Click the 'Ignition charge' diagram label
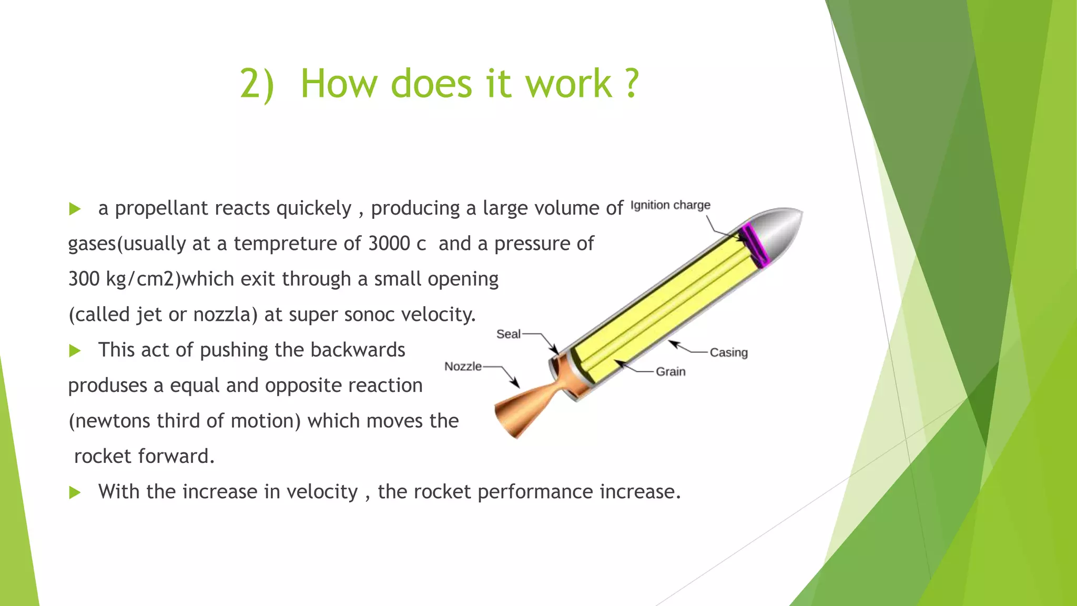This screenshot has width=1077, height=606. (x=670, y=205)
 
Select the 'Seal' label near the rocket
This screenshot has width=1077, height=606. (x=508, y=334)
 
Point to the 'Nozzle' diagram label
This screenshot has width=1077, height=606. (x=463, y=366)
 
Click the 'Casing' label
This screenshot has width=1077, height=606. (x=728, y=352)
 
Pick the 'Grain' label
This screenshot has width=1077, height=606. (x=670, y=371)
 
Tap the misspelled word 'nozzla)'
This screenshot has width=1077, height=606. (x=225, y=315)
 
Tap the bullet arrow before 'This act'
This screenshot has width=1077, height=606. (x=75, y=351)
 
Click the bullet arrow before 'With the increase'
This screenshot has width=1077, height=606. (x=75, y=493)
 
